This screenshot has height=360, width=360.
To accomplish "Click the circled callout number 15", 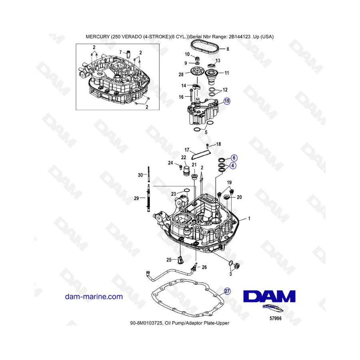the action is (x=227, y=101).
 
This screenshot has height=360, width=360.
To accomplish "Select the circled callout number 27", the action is (x=227, y=291).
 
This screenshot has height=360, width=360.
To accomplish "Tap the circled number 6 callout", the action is (x=234, y=158).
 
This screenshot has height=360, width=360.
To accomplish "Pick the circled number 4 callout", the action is (x=233, y=165).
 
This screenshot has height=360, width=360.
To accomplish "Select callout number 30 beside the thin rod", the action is (x=140, y=175).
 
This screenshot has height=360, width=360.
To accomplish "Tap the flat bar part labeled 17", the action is (x=200, y=153).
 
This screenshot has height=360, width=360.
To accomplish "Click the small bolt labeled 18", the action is (x=207, y=146).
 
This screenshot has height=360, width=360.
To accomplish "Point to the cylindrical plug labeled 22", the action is (x=186, y=171).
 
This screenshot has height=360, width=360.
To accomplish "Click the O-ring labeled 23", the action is (x=187, y=190).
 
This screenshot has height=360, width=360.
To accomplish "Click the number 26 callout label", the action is (x=204, y=267).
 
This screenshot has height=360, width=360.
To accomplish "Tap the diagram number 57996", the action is (x=275, y=318).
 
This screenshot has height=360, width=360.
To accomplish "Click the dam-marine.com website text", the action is (x=94, y=296).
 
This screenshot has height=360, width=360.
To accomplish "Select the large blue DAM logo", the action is (x=269, y=296).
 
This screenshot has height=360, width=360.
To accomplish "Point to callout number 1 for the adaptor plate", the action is (x=249, y=218).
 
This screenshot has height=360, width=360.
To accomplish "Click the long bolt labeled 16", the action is (x=191, y=95).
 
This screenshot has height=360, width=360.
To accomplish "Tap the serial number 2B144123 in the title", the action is (x=240, y=36).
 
